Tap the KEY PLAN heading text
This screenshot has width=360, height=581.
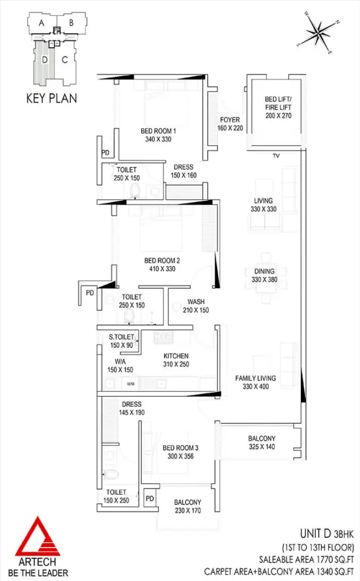52,98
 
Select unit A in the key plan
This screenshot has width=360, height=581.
41,23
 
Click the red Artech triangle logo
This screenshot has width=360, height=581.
37,536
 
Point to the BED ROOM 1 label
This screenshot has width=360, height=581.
158,131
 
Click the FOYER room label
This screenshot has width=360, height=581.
230,120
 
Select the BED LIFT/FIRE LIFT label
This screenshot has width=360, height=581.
278,103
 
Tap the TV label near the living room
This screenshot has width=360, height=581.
276,156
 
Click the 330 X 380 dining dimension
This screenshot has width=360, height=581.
265,279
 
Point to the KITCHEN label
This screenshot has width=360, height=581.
176,356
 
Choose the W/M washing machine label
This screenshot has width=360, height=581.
131,384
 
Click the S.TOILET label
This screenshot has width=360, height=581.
122,337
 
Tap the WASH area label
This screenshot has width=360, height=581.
196,302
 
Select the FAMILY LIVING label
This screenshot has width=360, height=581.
256,378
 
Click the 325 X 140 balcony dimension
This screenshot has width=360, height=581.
262,447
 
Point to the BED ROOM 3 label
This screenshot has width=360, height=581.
181,448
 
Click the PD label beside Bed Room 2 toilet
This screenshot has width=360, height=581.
90,293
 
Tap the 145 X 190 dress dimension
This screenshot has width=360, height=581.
132,412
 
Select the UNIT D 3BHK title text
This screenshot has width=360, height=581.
326,533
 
